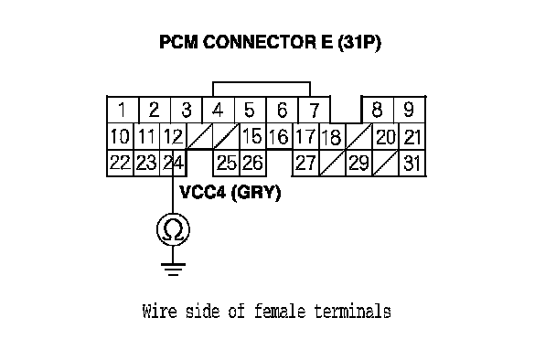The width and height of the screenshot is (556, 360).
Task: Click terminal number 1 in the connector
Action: [123, 110]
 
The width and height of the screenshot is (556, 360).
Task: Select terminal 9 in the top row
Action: [409, 110]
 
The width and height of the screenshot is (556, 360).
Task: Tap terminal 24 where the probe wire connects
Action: [173, 163]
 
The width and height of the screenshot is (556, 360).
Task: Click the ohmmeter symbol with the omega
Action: [173, 229]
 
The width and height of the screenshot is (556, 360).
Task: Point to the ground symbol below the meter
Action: [173, 270]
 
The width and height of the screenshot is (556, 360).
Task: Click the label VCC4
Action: [202, 193]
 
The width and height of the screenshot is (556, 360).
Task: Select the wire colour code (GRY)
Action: [256, 193]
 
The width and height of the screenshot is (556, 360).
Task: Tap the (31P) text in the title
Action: [359, 43]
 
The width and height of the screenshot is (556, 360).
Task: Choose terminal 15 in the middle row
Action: [252, 136]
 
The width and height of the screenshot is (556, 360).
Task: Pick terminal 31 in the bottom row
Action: [412, 163]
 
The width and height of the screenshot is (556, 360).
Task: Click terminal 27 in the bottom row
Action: [305, 163]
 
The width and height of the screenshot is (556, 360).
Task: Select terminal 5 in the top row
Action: [250, 110]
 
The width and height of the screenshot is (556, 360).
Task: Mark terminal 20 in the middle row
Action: [385, 136]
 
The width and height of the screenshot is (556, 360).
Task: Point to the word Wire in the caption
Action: [159, 311]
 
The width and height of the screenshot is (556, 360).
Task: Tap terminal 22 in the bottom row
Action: [121, 163]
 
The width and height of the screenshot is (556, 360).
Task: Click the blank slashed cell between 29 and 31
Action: [385, 163]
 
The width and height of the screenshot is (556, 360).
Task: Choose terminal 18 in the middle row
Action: [332, 136]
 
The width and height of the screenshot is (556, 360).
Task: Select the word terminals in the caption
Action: [352, 311]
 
